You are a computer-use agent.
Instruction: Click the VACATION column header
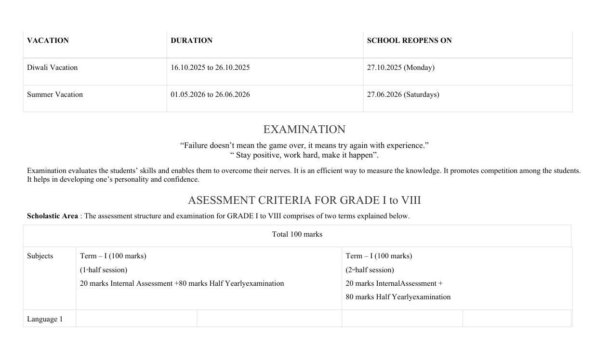tap(48, 40)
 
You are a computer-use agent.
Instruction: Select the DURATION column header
tap(191, 40)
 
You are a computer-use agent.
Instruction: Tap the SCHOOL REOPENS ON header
tap(409, 40)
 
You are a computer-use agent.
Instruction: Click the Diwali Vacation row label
tap(52, 67)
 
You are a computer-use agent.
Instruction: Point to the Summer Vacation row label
tap(55, 94)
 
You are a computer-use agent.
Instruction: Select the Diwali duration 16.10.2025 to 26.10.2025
tap(210, 67)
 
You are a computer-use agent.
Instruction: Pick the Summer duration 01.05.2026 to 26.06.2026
tap(210, 94)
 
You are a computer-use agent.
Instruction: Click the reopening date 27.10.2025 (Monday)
tap(400, 67)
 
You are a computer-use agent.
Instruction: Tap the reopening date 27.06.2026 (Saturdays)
tap(403, 94)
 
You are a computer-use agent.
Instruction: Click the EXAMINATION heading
tap(304, 130)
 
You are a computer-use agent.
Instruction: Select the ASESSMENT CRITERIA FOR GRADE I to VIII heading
tap(304, 200)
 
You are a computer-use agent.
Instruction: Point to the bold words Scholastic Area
tap(52, 216)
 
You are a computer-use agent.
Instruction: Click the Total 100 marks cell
tap(297, 234)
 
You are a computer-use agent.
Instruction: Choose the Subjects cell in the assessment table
tap(40, 256)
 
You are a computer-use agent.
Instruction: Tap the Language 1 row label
tap(45, 319)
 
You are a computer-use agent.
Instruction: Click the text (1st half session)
tap(104, 270)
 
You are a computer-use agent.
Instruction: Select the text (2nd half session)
tap(370, 270)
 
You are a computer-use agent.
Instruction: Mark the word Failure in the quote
tap(197, 146)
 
